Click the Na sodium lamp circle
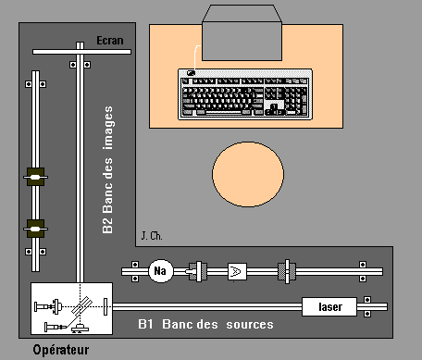161,271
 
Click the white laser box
329,306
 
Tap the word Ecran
110,41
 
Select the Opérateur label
61,350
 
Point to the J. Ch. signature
152,236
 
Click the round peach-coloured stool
248,174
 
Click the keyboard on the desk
245,94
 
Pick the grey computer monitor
242,32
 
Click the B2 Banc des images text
107,169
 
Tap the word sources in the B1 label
250,325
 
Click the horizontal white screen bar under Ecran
81,52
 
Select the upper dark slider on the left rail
35,177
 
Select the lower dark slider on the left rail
35,229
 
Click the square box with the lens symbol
237,271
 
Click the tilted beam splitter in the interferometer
81,305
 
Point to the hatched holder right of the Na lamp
197,271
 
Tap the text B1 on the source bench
145,324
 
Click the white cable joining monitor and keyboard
195,57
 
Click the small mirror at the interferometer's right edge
105,306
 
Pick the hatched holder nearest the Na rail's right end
287,271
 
